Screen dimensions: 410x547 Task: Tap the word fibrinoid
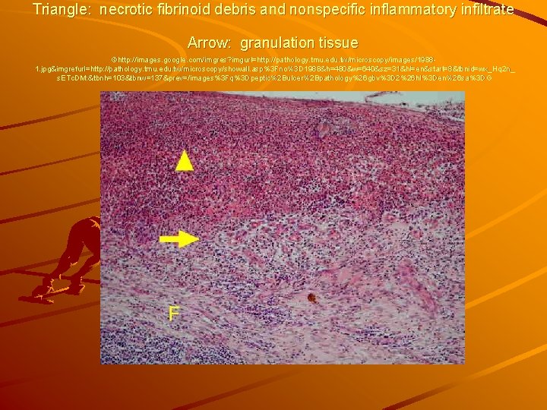click(188, 10)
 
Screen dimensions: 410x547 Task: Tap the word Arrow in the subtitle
click(209, 43)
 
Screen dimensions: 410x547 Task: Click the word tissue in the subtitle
click(339, 43)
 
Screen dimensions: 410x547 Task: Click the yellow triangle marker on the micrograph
click(184, 159)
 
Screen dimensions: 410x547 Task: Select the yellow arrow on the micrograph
click(179, 239)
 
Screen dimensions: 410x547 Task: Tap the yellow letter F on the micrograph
click(174, 313)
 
